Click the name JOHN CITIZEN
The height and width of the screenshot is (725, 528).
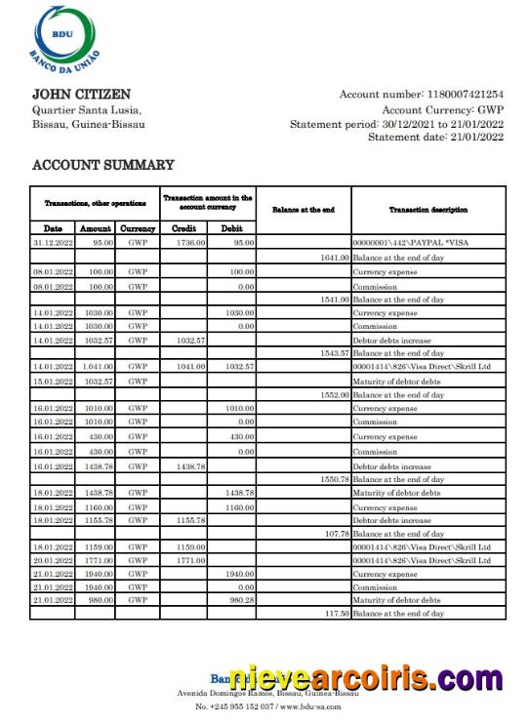tap(81, 95)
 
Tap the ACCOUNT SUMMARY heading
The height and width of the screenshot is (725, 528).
tap(103, 166)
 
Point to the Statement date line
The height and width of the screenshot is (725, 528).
tap(435, 138)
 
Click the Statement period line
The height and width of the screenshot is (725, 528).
tap(396, 124)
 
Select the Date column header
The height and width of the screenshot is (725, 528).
tap(53, 228)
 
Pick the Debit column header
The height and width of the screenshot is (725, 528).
tap(231, 228)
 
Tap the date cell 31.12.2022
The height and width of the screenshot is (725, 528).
tap(53, 242)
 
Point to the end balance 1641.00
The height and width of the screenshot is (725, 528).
tap(334, 257)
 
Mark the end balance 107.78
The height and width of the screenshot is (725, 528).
tap(336, 534)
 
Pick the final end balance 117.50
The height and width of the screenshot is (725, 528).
tap(336, 614)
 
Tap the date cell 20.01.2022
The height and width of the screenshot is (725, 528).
tap(53, 561)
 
